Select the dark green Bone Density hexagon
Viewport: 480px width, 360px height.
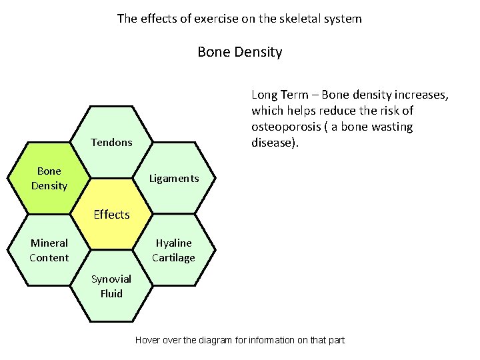49,178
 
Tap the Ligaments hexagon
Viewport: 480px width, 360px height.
174,178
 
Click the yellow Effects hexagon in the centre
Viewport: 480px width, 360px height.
111,214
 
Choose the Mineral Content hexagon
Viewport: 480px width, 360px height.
49,250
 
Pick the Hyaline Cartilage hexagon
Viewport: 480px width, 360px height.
174,250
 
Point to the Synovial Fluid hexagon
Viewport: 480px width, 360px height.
111,286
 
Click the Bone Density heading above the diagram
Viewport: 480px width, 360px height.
240,51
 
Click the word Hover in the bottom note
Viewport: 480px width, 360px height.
148,340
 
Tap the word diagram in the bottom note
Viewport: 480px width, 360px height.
213,340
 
